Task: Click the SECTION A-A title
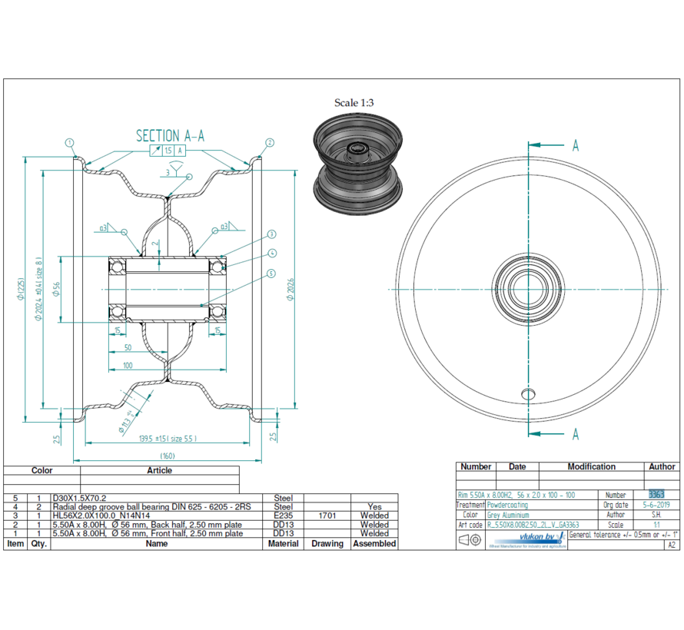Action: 170,136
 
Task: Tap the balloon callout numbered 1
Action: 69,142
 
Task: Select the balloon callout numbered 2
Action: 270,142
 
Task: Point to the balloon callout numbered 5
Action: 271,274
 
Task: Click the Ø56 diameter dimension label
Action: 55,287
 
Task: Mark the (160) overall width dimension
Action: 168,456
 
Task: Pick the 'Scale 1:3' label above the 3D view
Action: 354,102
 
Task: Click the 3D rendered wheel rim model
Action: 357,166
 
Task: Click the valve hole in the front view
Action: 526,393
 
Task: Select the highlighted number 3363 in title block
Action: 656,495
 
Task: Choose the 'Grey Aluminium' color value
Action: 508,515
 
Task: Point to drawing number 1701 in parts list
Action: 327,516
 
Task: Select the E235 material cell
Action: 284,516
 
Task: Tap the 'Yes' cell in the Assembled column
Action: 374,507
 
